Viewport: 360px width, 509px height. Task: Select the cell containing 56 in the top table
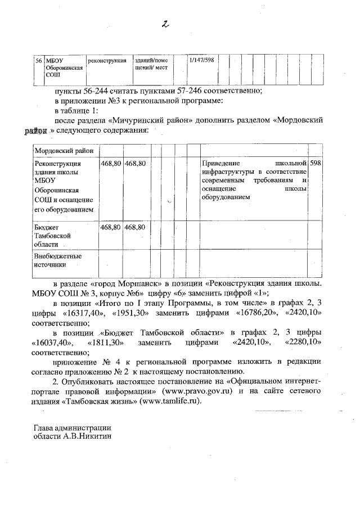coord(38,60)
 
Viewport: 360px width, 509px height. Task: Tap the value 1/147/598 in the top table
coord(201,60)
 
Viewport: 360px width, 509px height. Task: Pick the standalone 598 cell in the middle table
coord(316,163)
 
